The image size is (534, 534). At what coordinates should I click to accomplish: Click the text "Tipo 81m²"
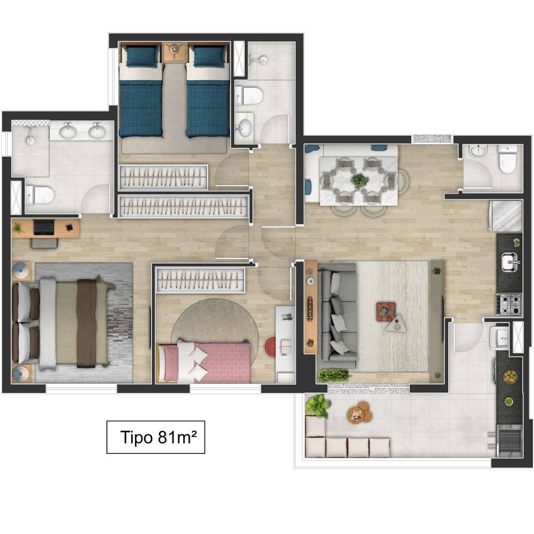tap(159, 437)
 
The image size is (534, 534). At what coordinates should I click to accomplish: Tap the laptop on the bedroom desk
tap(44, 227)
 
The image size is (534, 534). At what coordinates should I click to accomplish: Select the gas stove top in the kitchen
tap(509, 304)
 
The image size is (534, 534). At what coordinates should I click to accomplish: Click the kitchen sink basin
tap(509, 262)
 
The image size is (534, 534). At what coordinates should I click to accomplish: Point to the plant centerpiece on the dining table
tap(359, 181)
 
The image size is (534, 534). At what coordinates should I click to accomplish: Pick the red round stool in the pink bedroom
tap(270, 347)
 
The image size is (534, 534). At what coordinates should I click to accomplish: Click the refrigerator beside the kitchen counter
tap(506, 216)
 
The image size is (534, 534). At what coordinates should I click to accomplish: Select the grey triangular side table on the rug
tap(397, 323)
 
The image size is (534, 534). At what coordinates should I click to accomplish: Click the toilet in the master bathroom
tap(40, 195)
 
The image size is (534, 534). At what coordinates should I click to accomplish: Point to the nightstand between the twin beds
tap(175, 52)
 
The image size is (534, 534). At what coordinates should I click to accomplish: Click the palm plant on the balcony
tap(318, 405)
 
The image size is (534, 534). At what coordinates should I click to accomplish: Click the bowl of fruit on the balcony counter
tap(510, 376)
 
